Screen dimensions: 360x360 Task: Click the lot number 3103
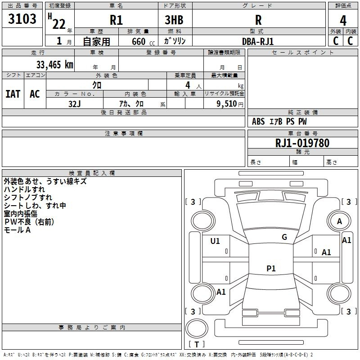[x=22, y=19]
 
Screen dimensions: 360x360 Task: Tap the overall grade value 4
[x=343, y=20]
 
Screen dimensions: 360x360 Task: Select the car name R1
[x=116, y=20]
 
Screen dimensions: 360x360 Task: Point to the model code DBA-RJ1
[x=258, y=41]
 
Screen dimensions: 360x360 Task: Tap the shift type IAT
[x=13, y=94]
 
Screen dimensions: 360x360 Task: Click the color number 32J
[x=75, y=103]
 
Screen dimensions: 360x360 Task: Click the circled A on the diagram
[x=339, y=221]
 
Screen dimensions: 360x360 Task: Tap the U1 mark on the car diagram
[x=215, y=241]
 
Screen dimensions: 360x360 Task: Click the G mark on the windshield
[x=284, y=237]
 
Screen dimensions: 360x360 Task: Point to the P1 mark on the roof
[x=271, y=269]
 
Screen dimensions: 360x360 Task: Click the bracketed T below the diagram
[x=196, y=344]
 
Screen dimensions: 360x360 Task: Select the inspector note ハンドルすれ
[x=24, y=189]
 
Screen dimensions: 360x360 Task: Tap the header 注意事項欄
[x=123, y=134]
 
